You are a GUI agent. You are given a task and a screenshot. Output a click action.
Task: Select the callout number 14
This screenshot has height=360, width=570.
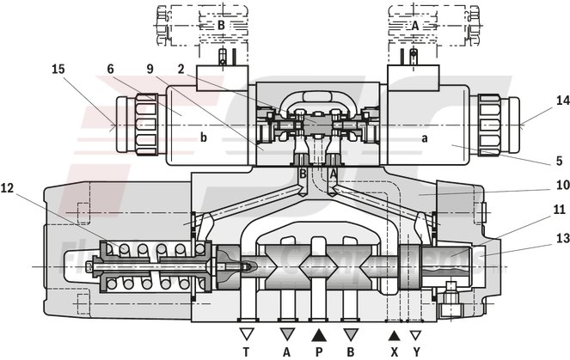(x=539, y=101)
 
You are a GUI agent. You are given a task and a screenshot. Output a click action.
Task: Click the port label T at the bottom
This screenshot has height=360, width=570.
(x=246, y=351)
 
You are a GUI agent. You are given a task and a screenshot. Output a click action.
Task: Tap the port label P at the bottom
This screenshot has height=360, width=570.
(x=318, y=351)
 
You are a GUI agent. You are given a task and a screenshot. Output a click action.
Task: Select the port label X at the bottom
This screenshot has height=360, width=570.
(x=394, y=351)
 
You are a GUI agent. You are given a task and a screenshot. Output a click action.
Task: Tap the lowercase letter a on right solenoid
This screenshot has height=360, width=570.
(x=424, y=137)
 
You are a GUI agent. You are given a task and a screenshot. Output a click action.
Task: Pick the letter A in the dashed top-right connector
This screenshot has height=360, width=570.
(x=415, y=26)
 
